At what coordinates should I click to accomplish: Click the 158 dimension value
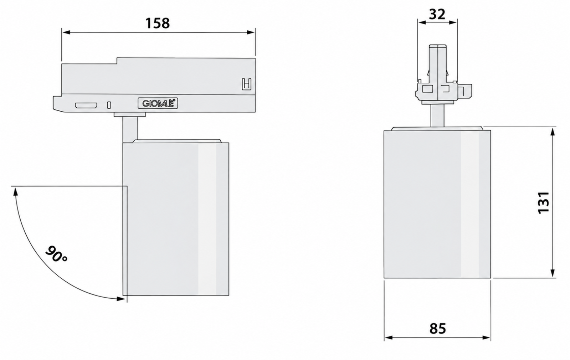[158, 23]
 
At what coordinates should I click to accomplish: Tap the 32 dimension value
[437, 14]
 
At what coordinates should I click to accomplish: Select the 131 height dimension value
[544, 202]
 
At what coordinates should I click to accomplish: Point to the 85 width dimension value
[438, 328]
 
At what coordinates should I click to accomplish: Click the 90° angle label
[56, 254]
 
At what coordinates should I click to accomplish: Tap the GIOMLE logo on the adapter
[158, 104]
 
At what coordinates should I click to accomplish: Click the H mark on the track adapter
[246, 84]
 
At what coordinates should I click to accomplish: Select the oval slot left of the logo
[86, 105]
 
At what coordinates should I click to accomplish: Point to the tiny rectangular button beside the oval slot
[109, 105]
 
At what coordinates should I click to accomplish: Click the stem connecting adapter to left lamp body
[130, 129]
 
